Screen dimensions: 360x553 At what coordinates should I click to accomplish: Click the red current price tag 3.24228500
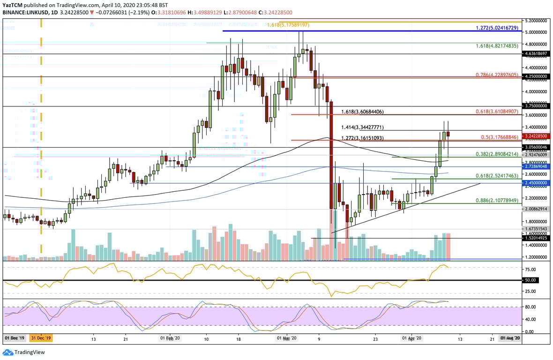(537, 135)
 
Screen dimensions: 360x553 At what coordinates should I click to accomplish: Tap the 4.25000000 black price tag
(537, 76)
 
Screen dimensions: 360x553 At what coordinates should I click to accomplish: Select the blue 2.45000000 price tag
(537, 183)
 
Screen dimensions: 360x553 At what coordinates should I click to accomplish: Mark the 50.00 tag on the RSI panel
(530, 280)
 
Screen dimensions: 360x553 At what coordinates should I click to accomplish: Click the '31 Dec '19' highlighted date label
(42, 338)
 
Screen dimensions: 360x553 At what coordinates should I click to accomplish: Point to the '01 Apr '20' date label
(412, 338)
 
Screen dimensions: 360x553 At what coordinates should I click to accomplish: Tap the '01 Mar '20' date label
(286, 338)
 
